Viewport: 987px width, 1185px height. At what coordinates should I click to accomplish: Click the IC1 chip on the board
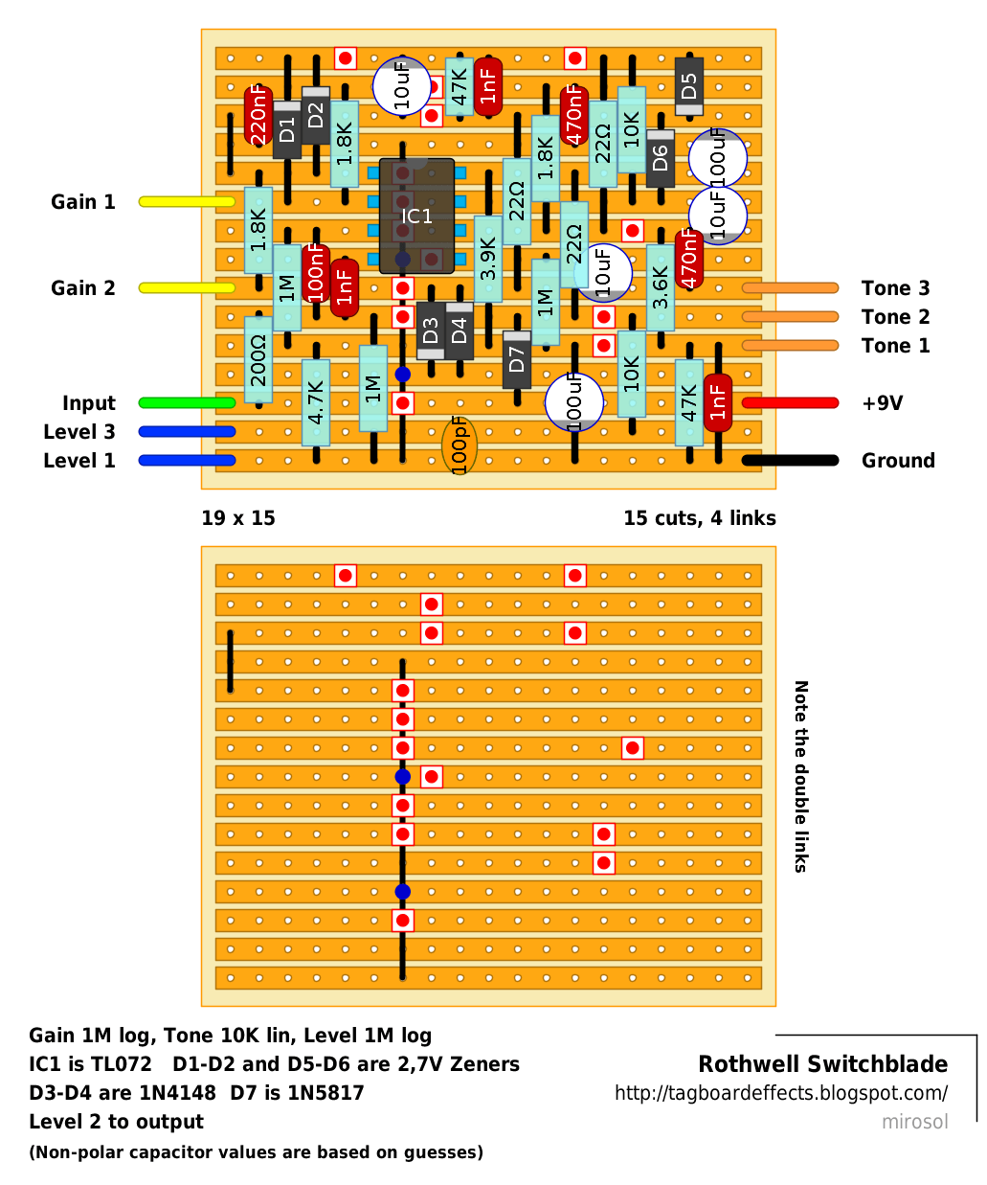pyautogui.click(x=416, y=216)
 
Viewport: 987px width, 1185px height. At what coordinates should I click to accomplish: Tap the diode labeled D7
pyautogui.click(x=517, y=360)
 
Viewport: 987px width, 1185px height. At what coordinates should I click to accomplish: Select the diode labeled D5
pyautogui.click(x=689, y=86)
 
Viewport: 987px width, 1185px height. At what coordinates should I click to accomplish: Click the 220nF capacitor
pyautogui.click(x=258, y=116)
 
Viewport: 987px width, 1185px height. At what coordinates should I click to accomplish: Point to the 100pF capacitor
pyautogui.click(x=459, y=445)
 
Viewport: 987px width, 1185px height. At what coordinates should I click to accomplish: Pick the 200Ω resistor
pyautogui.click(x=258, y=360)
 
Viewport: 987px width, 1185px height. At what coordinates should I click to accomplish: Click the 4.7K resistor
pyautogui.click(x=315, y=403)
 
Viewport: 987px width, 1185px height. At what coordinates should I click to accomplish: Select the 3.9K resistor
pyautogui.click(x=488, y=259)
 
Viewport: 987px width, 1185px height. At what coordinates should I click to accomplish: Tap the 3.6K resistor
pyautogui.click(x=661, y=287)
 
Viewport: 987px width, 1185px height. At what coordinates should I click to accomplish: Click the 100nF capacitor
pyautogui.click(x=315, y=274)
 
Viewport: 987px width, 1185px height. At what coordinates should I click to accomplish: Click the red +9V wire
pyautogui.click(x=790, y=403)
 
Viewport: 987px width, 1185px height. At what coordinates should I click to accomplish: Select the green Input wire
pyautogui.click(x=188, y=403)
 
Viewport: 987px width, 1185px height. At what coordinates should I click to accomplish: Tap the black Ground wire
pyautogui.click(x=790, y=460)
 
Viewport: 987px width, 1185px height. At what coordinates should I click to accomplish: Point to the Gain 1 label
pyautogui.click(x=83, y=202)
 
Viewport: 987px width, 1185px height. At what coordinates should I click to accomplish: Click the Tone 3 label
pyautogui.click(x=896, y=288)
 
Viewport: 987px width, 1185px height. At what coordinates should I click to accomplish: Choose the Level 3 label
pyautogui.click(x=79, y=432)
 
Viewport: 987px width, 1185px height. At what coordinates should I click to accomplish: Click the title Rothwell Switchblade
pyautogui.click(x=822, y=1064)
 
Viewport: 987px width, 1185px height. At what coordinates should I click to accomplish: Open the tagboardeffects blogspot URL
pyautogui.click(x=781, y=1093)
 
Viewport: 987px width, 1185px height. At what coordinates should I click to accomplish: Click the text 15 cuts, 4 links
pyautogui.click(x=700, y=518)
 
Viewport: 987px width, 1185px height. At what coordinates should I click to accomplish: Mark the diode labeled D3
pyautogui.click(x=431, y=330)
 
